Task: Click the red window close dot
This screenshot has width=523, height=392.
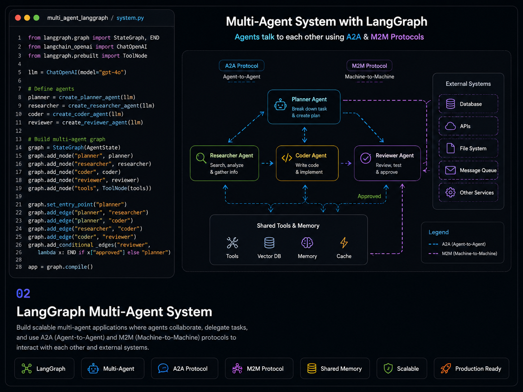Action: [18, 18]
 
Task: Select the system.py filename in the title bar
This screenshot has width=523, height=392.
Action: [130, 18]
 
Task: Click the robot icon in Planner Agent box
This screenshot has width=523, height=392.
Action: [280, 104]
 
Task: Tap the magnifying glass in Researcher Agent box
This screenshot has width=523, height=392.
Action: [201, 158]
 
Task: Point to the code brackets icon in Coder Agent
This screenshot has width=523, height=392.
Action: [287, 158]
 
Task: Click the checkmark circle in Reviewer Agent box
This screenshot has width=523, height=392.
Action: [366, 158]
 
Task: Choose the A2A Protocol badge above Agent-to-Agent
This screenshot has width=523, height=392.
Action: [241, 66]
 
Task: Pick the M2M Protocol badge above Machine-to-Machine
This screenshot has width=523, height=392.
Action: [369, 66]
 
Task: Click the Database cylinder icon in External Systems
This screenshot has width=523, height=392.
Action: [450, 104]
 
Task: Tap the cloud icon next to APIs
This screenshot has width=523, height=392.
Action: [450, 126]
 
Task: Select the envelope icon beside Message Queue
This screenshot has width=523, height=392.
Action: [450, 170]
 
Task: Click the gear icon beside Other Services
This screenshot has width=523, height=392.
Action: [450, 192]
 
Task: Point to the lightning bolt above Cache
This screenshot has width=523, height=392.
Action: [344, 243]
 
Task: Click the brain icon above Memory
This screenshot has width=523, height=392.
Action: [307, 243]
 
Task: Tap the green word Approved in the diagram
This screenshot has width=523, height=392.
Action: [369, 196]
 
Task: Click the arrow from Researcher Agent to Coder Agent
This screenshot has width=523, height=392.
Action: [267, 163]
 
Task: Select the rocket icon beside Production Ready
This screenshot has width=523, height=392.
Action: [446, 369]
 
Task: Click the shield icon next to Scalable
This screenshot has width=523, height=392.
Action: [388, 369]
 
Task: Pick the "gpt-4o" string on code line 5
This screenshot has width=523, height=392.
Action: [111, 72]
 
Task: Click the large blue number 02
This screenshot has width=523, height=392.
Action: [23, 293]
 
